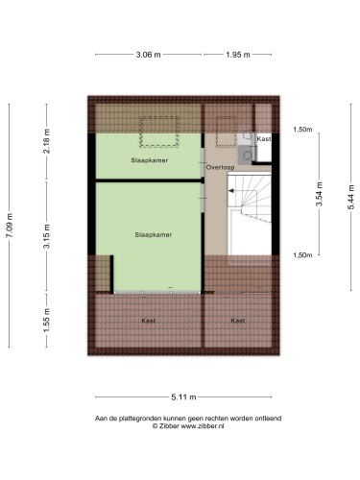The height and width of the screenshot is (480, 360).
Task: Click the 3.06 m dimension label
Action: tap(148, 55)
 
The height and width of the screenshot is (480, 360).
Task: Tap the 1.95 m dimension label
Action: tap(238, 55)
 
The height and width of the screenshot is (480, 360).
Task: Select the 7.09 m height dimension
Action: tap(10, 226)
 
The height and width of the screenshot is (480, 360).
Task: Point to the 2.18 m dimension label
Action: tap(47, 141)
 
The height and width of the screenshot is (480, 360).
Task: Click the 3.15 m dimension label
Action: tap(47, 236)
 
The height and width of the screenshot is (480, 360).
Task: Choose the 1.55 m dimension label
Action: tap(47, 320)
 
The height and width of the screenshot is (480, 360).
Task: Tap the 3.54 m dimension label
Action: tap(319, 194)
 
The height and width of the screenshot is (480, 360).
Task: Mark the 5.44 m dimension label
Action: tap(351, 197)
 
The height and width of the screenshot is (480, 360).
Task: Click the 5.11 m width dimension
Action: tap(183, 397)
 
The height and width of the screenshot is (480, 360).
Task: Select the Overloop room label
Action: tap(220, 167)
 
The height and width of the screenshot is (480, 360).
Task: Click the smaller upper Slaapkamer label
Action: tap(150, 160)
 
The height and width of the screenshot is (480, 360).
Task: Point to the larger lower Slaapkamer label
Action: tap(154, 234)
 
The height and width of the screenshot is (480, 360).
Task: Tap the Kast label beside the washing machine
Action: tap(264, 139)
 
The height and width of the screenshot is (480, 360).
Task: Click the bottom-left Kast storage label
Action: tap(149, 321)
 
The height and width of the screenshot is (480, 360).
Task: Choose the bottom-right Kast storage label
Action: tap(238, 321)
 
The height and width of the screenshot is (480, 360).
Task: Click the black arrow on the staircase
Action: tap(230, 191)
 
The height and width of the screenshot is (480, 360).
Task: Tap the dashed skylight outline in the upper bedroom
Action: tap(158, 132)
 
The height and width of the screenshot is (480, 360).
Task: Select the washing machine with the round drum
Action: tap(247, 156)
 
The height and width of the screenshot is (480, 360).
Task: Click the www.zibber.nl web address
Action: tap(203, 426)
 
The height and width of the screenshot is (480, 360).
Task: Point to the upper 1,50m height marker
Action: tap(302, 130)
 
